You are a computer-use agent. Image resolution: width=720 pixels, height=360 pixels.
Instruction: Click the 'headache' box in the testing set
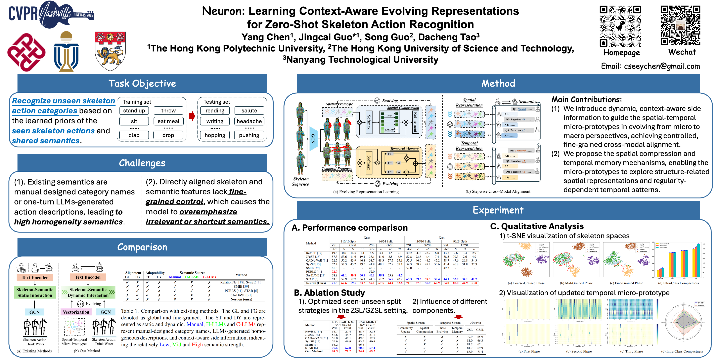tap(249, 121)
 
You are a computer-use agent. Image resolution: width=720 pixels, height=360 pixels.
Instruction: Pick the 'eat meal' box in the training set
tap(168, 121)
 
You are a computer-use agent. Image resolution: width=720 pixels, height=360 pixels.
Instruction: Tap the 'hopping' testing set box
tap(215, 135)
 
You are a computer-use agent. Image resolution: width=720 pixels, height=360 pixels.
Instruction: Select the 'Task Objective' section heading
tap(142, 83)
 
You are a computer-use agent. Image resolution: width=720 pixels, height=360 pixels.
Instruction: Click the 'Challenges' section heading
tap(142, 163)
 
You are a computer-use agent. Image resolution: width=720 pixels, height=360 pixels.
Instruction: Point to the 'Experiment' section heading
tap(498, 210)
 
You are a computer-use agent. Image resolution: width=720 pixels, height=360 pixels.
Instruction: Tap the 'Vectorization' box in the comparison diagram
tap(76, 312)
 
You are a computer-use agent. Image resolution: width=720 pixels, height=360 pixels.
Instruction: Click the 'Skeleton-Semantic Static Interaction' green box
tap(35, 292)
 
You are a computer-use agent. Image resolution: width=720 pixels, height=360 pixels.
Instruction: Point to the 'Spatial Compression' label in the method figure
tap(403, 108)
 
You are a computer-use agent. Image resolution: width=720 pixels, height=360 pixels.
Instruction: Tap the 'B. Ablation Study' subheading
tap(329, 293)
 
